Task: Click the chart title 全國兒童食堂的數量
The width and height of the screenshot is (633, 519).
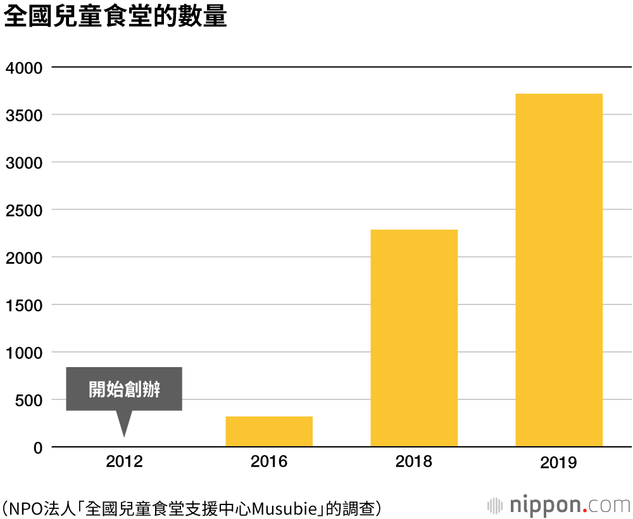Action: (115, 18)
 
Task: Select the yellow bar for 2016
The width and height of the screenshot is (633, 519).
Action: (269, 431)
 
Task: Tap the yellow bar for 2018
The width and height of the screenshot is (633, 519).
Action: (414, 338)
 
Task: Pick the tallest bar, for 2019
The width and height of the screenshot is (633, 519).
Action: (559, 270)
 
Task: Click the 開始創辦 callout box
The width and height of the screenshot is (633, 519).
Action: (124, 389)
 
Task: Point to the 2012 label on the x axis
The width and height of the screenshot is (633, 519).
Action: (124, 461)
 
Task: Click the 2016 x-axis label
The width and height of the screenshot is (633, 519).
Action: (269, 461)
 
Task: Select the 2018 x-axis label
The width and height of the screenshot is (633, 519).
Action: (414, 461)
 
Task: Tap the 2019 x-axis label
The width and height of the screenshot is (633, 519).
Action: (559, 463)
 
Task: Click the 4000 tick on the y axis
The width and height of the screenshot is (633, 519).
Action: (24, 67)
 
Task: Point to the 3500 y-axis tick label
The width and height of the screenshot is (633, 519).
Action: (24, 115)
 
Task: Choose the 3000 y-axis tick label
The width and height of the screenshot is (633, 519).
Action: (24, 163)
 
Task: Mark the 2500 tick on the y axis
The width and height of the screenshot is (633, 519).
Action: (24, 210)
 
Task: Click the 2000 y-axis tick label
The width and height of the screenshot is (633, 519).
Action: (24, 258)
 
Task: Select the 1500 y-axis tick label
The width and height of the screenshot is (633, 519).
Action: (24, 305)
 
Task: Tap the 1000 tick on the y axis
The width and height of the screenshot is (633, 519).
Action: (24, 353)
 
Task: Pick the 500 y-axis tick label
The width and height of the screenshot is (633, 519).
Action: (29, 400)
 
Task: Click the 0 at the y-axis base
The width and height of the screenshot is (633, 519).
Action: (37, 447)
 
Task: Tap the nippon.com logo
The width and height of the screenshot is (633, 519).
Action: (560, 505)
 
